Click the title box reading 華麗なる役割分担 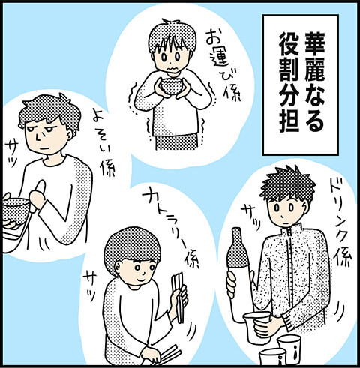coord(301,85)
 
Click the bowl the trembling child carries coord(171,85)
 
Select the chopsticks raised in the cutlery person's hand coord(178,298)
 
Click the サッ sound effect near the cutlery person coord(89,286)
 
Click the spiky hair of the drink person coord(287,185)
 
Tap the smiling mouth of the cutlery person coord(142,279)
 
